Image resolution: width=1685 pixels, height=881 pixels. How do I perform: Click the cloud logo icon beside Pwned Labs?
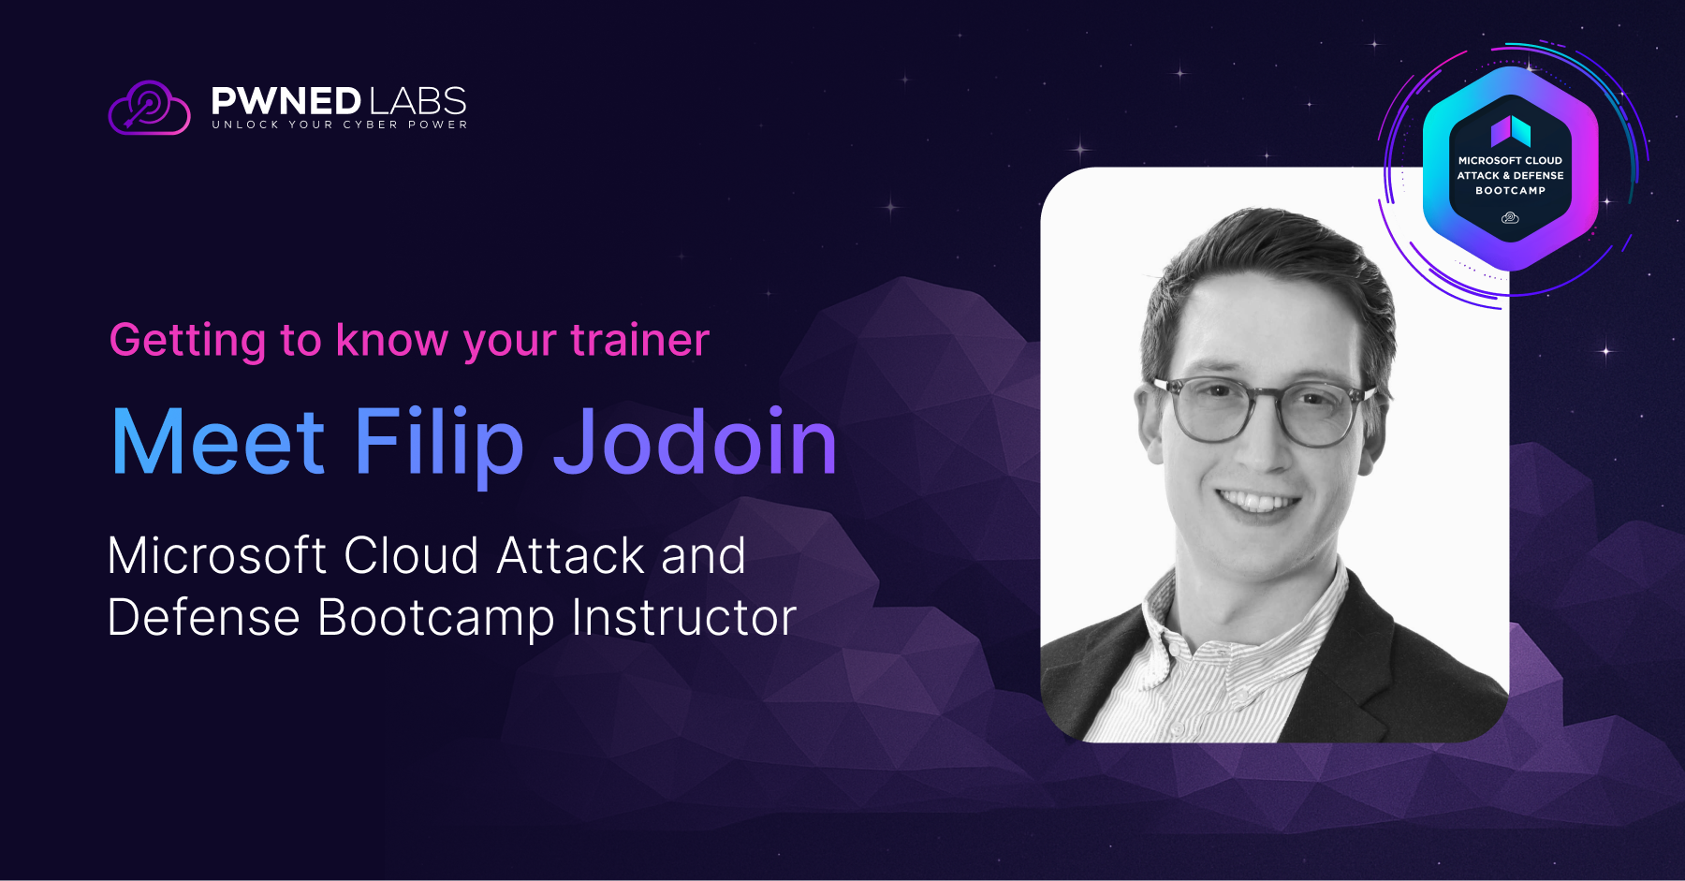pyautogui.click(x=150, y=108)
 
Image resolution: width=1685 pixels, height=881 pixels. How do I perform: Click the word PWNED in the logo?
pyautogui.click(x=286, y=101)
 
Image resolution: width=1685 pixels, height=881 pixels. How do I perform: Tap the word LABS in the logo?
pyautogui.click(x=418, y=101)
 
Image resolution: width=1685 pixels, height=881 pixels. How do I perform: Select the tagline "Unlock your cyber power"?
pyautogui.click(x=340, y=125)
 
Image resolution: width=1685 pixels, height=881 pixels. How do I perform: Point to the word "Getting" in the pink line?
pyautogui.click(x=188, y=340)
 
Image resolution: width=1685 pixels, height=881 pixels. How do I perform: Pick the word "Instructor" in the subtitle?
pyautogui.click(x=684, y=617)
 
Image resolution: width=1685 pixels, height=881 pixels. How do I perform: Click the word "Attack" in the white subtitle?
pyautogui.click(x=571, y=555)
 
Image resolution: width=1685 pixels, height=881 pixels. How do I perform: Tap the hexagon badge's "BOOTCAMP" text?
pyautogui.click(x=1511, y=191)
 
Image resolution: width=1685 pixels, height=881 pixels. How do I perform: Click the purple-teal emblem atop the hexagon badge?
pyautogui.click(x=1511, y=131)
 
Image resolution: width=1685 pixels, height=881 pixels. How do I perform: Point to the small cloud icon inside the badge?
pyautogui.click(x=1510, y=218)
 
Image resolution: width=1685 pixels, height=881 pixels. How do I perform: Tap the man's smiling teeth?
pyautogui.click(x=1258, y=503)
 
